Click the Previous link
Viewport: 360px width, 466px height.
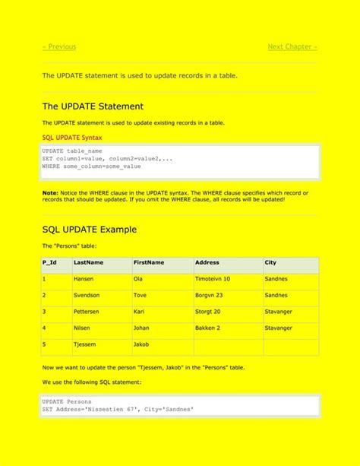point(59,47)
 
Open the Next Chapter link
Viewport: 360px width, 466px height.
point(292,47)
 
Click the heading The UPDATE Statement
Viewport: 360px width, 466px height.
point(93,106)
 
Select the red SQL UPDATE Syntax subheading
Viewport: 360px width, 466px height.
point(72,138)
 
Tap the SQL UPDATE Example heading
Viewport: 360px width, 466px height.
point(90,229)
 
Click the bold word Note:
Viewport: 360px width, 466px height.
point(50,193)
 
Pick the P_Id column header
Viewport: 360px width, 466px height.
point(49,262)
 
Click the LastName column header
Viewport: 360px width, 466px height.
point(88,262)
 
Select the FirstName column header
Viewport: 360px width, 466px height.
point(149,262)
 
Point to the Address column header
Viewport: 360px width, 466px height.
point(207,262)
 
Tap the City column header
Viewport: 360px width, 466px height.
point(270,262)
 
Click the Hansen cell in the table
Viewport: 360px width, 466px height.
point(84,279)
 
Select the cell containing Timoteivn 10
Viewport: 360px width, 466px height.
point(213,279)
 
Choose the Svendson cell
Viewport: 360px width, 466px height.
point(87,295)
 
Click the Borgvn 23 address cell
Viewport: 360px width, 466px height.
point(209,295)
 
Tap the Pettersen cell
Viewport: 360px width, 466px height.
point(87,312)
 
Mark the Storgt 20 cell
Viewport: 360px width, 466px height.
point(208,312)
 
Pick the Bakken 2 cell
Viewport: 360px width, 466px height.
point(207,328)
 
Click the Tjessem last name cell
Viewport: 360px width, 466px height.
point(85,344)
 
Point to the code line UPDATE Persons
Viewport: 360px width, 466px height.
point(67,401)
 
